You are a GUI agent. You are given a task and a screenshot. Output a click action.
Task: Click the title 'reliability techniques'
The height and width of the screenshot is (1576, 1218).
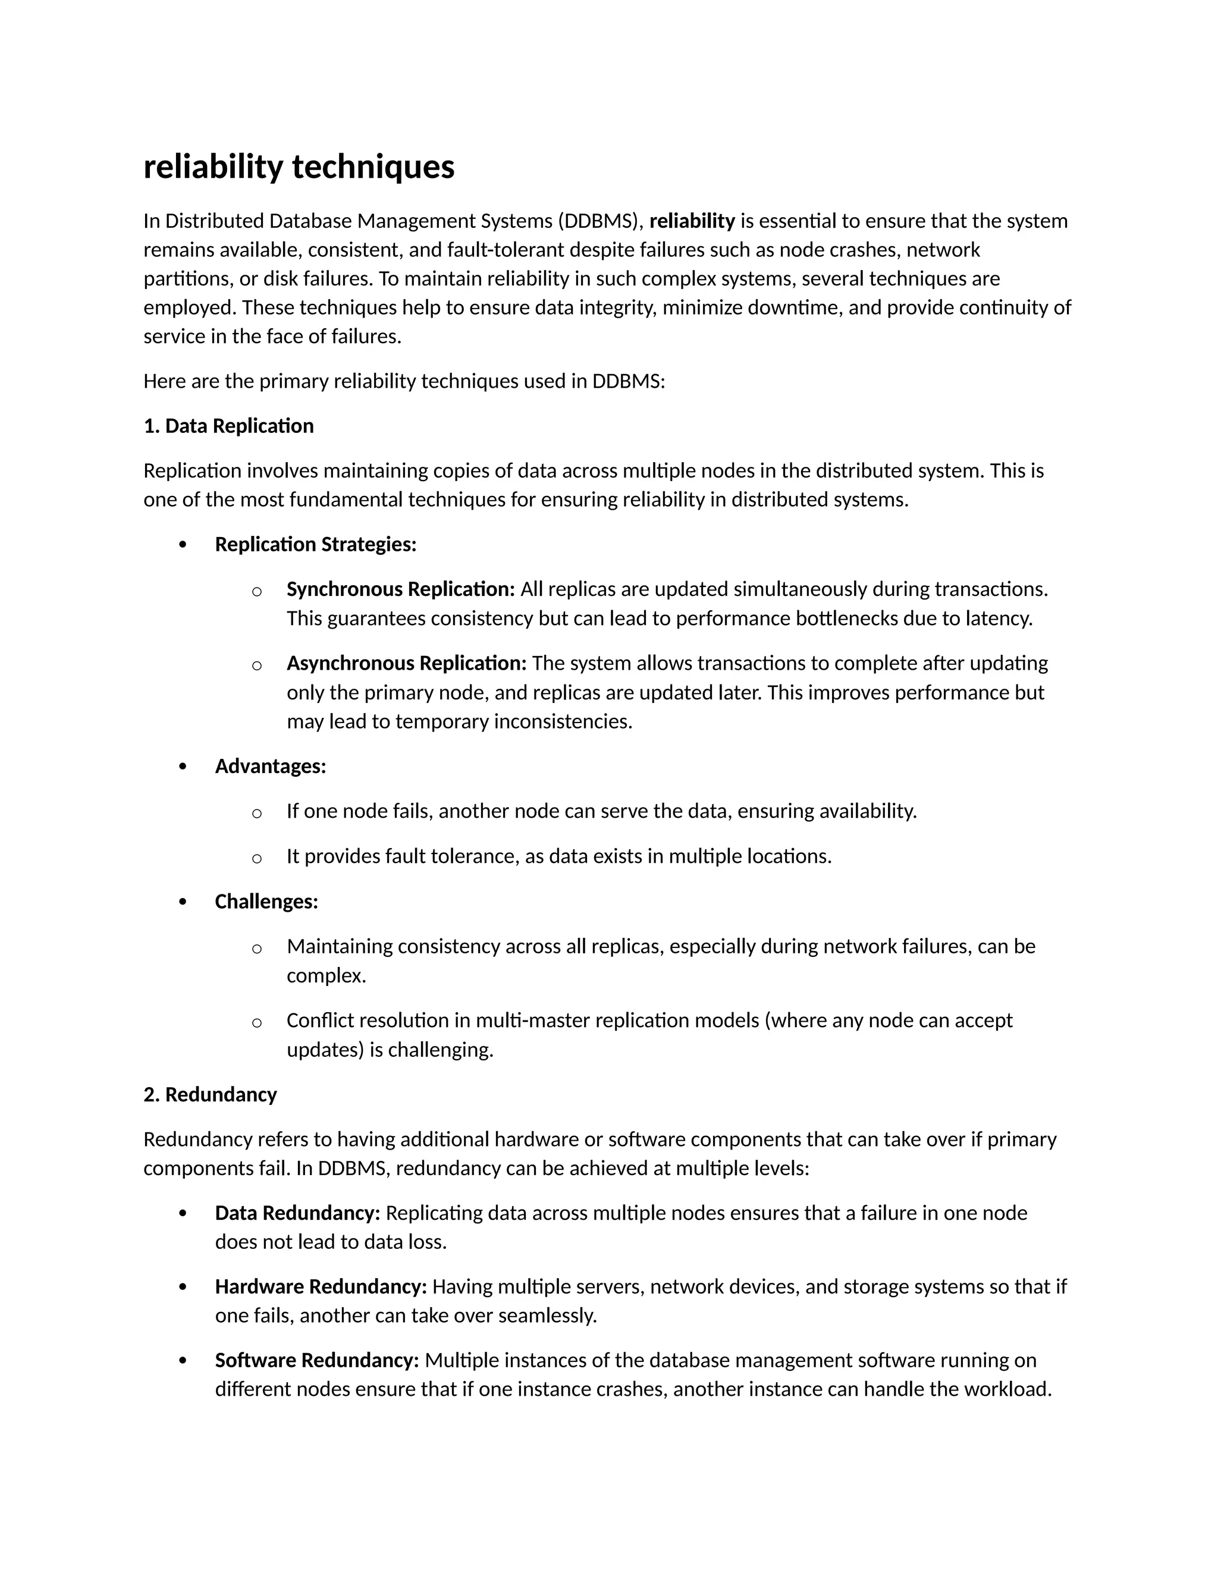pos(299,168)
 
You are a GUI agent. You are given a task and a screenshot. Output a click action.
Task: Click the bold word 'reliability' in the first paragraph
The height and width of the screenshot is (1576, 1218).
pos(691,221)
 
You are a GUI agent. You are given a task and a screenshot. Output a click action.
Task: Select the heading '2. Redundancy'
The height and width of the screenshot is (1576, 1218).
pos(210,1095)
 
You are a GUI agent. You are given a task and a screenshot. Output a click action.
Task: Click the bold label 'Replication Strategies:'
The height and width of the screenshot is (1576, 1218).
pos(315,544)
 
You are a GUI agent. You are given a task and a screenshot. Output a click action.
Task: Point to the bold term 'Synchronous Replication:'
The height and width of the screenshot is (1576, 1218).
pos(400,589)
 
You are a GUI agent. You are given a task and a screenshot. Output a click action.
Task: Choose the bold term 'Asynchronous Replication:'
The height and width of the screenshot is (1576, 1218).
pos(406,663)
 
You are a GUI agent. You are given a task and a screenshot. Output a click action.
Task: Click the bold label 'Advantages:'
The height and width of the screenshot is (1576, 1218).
pos(270,767)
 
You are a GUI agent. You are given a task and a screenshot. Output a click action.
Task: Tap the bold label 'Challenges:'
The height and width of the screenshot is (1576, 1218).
pos(266,902)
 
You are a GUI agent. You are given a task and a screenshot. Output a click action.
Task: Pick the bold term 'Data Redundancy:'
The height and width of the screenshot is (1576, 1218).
pos(297,1213)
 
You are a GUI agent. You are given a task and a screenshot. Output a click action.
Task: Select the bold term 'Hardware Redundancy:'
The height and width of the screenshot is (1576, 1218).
pos(321,1286)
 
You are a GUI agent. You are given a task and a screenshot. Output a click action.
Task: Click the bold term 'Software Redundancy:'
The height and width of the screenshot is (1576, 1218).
pos(317,1360)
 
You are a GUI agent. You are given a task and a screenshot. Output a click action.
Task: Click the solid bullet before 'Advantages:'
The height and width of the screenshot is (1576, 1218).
pos(183,767)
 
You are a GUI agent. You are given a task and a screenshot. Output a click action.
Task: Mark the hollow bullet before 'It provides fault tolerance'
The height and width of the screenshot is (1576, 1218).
pos(256,859)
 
